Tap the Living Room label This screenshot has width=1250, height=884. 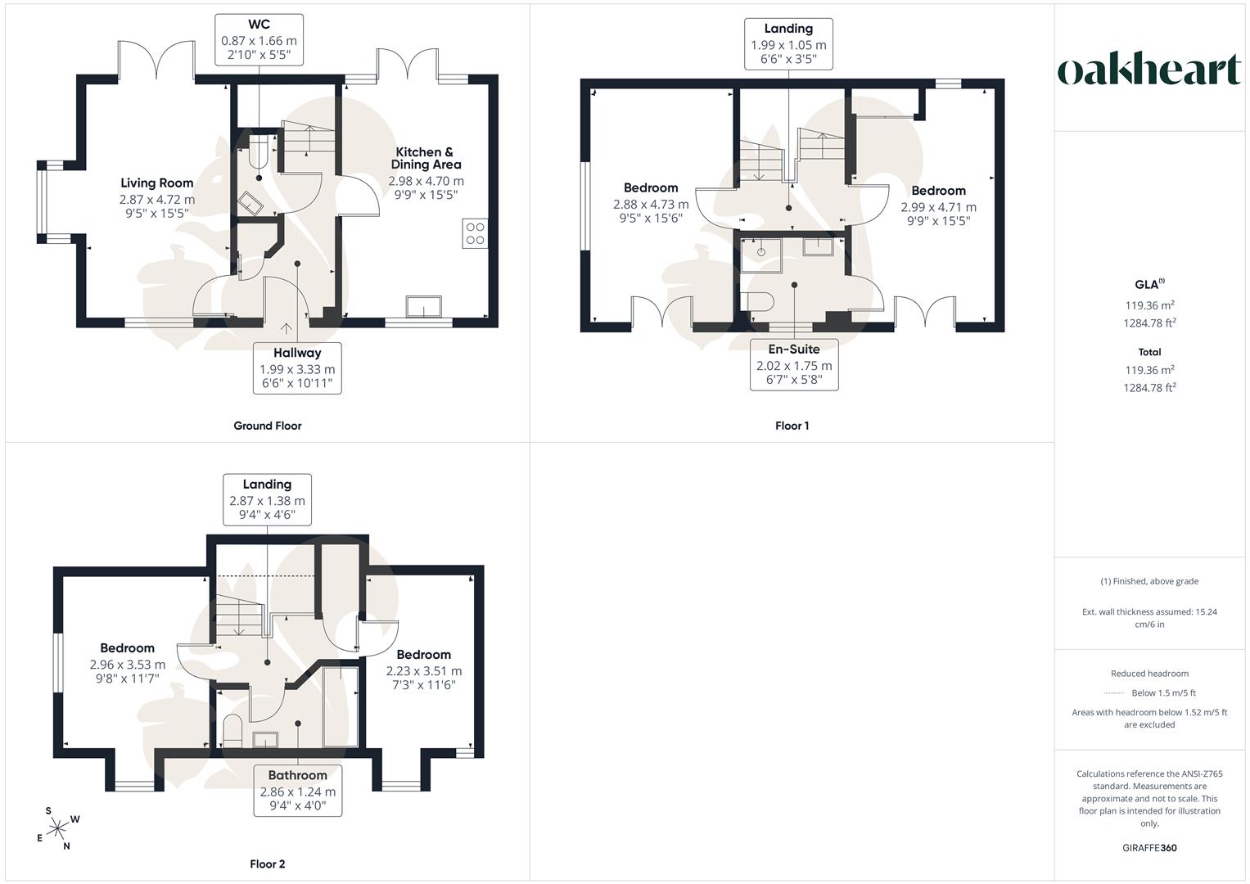[157, 183]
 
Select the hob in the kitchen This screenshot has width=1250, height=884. [475, 234]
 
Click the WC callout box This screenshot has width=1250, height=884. [259, 40]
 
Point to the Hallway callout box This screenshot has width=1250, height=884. [297, 368]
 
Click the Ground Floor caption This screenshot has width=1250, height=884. [268, 426]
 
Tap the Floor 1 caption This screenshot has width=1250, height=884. [792, 426]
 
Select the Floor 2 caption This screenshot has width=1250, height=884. [268, 864]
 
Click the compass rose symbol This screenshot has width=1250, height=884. [57, 828]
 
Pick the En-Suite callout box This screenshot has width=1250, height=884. [794, 365]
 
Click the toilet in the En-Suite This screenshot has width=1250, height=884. [757, 302]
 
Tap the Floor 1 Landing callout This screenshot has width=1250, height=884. [788, 44]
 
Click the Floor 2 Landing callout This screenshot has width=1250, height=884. [268, 500]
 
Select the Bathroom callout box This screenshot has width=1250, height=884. [297, 791]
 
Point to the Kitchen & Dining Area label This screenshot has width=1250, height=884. [426, 158]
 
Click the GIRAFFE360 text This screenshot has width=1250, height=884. [1149, 848]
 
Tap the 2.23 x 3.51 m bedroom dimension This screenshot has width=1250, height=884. [424, 671]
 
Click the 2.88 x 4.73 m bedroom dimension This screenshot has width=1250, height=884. [651, 205]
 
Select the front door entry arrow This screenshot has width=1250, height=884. [287, 329]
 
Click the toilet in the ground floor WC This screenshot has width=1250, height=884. [259, 151]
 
